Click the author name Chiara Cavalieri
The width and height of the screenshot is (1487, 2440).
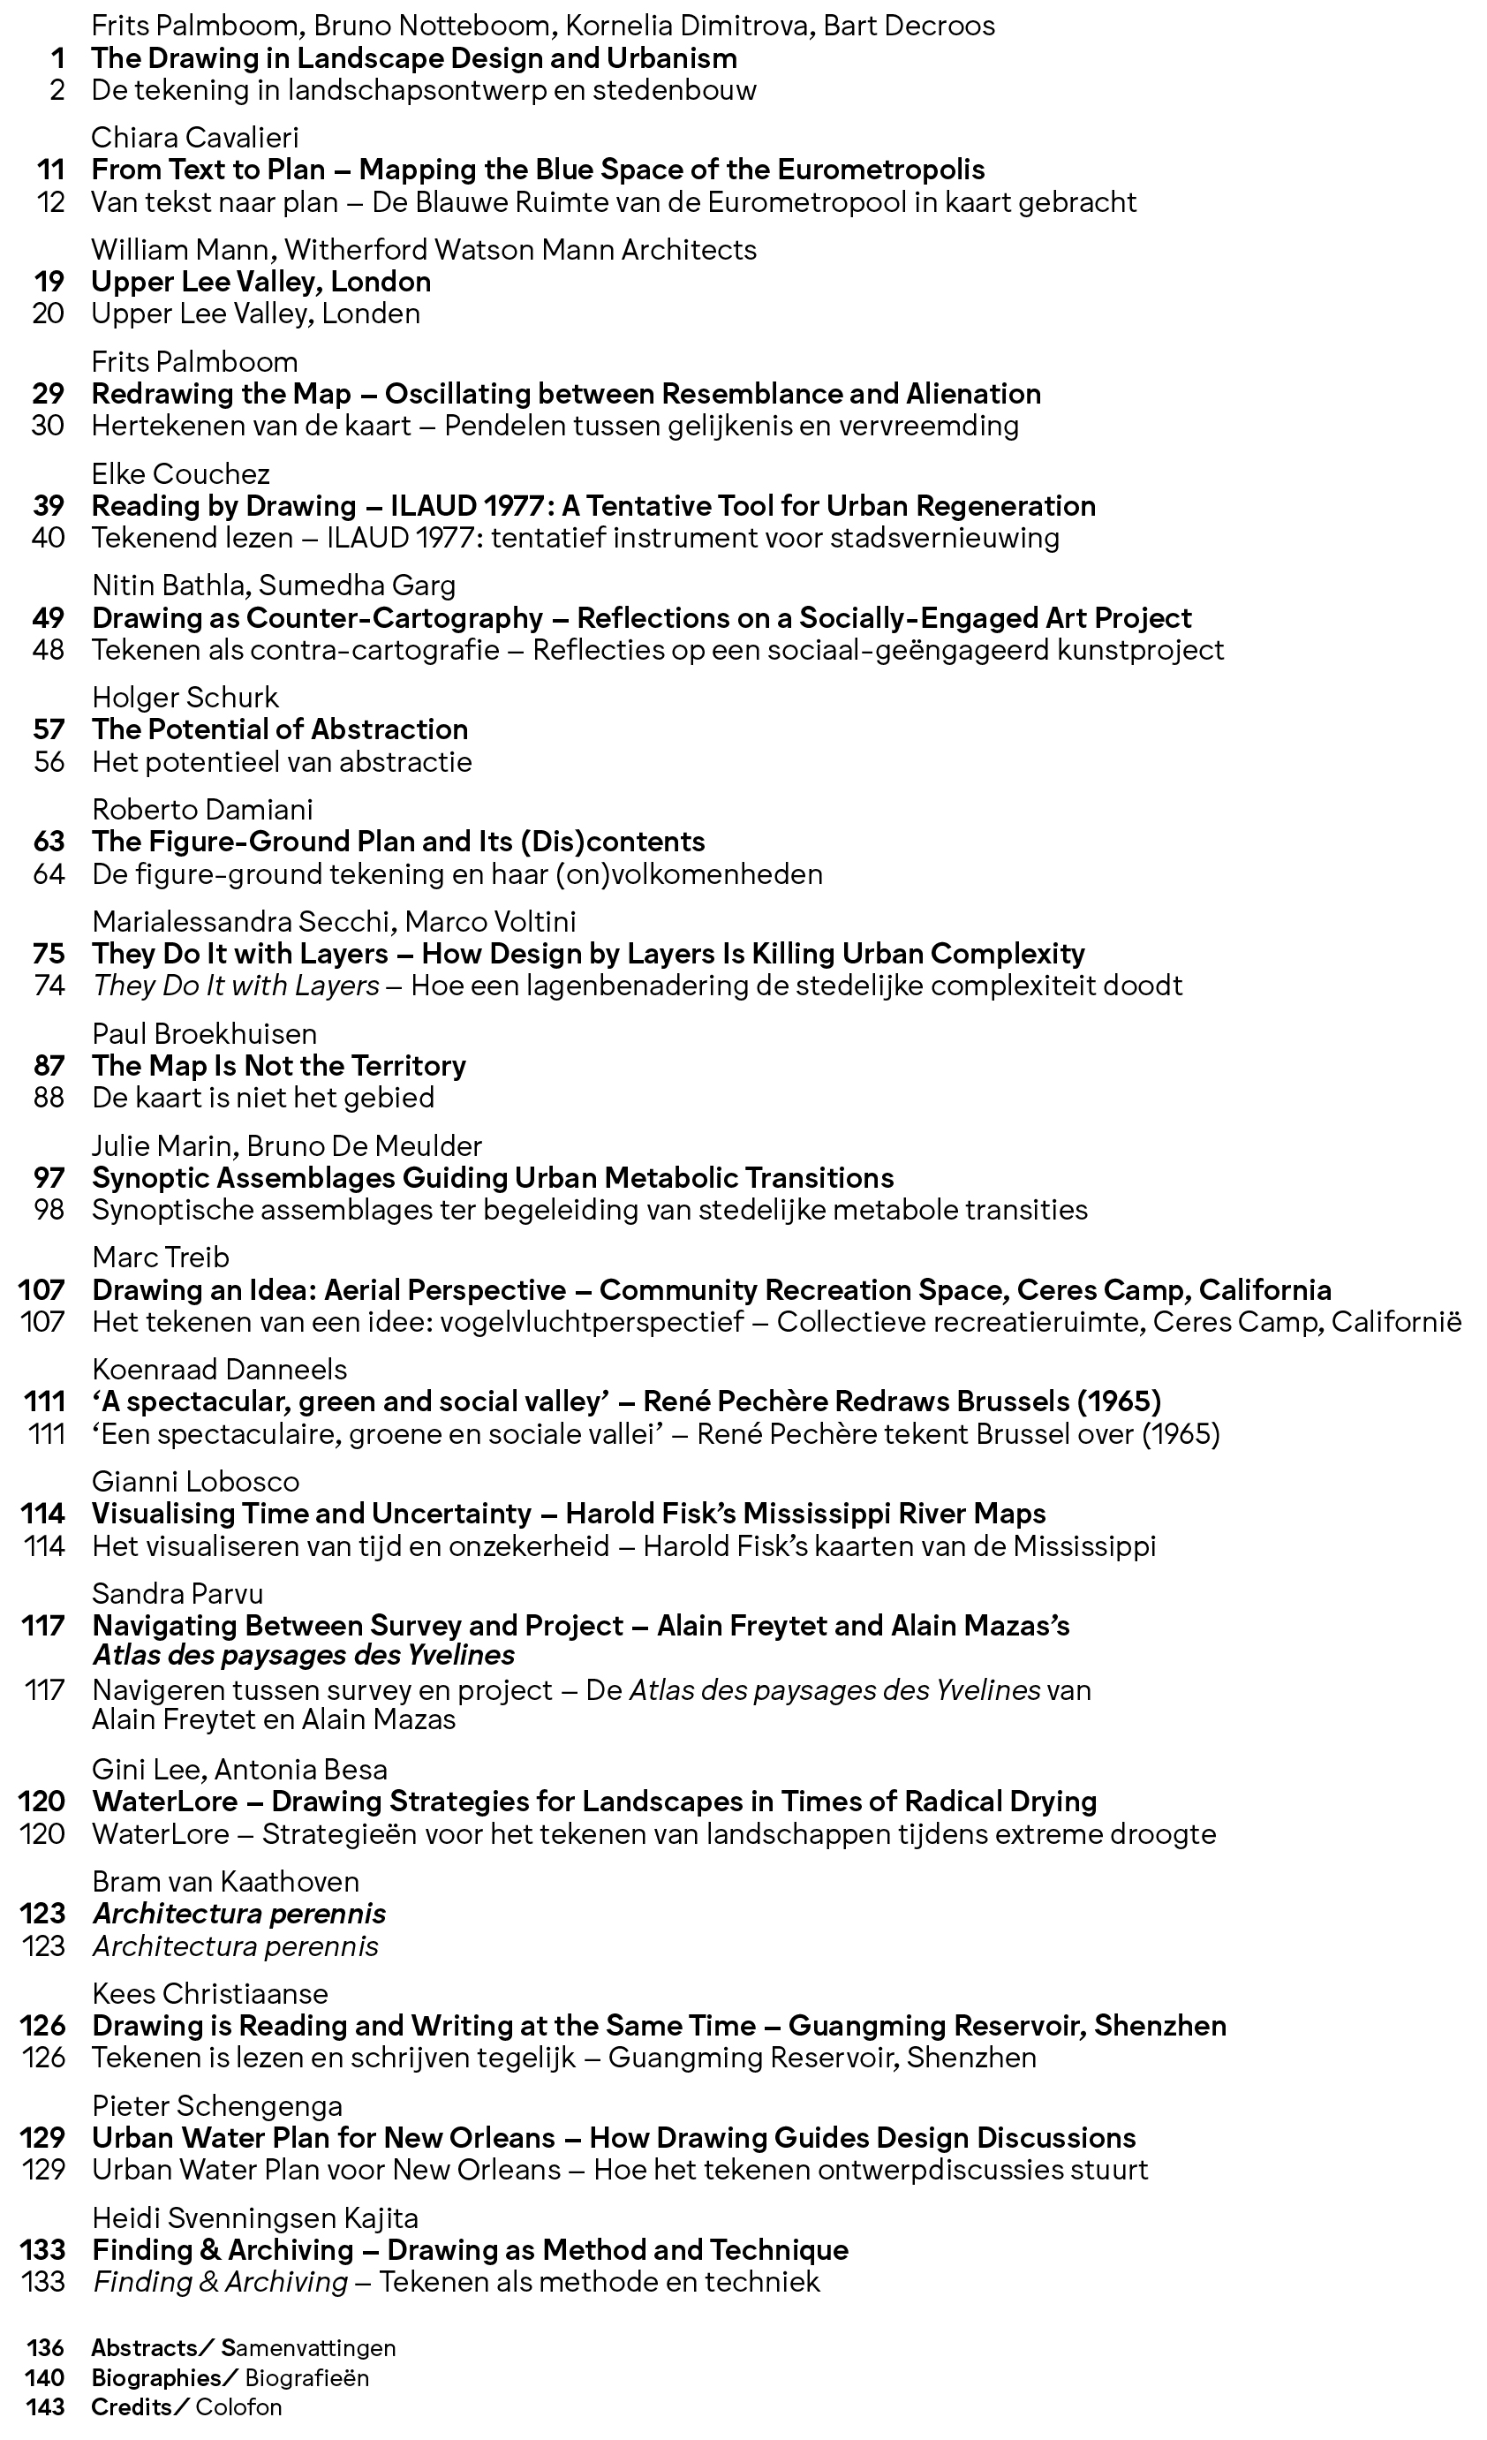point(195,138)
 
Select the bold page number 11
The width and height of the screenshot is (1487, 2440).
point(50,170)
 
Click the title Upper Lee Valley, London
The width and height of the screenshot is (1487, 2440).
point(261,283)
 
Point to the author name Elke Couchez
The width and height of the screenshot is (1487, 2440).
point(181,473)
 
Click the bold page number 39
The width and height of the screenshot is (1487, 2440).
point(49,506)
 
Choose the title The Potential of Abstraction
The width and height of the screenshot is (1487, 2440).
point(280,729)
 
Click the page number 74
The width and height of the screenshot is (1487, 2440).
point(49,986)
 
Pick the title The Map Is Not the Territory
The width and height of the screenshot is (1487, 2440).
point(279,1066)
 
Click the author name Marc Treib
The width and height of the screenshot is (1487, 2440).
point(161,1258)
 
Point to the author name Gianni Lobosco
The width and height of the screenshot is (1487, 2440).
point(195,1482)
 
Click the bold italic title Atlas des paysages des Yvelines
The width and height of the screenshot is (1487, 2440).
point(304,1655)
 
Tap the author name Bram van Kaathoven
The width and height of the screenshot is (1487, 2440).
point(226,1882)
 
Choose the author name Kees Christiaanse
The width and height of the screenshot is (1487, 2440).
point(210,1993)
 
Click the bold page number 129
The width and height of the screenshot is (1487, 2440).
point(42,2138)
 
